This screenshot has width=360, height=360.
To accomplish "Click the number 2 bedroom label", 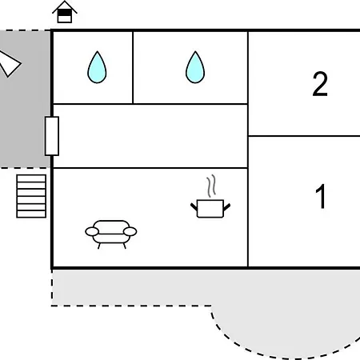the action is click(320, 84).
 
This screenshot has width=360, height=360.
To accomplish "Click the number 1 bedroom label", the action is click(321, 196).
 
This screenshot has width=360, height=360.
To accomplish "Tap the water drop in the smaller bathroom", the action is click(97, 67).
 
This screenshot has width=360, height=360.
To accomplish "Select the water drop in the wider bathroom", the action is click(195, 67).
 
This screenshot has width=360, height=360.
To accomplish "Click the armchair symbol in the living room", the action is click(111, 234).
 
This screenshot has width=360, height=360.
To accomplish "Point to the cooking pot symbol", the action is click(210, 209).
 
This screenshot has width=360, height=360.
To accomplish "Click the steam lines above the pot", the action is click(211, 186).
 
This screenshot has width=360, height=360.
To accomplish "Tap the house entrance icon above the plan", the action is click(65, 12).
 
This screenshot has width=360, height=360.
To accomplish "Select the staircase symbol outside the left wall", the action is click(31, 196).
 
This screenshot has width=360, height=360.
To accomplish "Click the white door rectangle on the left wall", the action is click(52, 136).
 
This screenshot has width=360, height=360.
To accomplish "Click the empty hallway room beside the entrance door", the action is click(150, 136).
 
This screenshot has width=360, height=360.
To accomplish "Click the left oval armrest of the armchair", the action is click(92, 232).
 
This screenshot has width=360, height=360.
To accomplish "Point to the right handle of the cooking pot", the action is click(226, 207).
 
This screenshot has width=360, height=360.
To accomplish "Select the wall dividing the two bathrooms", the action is click(133, 67).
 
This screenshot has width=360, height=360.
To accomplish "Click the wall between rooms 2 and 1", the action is click(304, 136).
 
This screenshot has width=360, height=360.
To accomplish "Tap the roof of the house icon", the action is click(65, 6).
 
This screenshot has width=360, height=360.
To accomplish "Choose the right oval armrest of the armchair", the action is click(130, 232).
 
